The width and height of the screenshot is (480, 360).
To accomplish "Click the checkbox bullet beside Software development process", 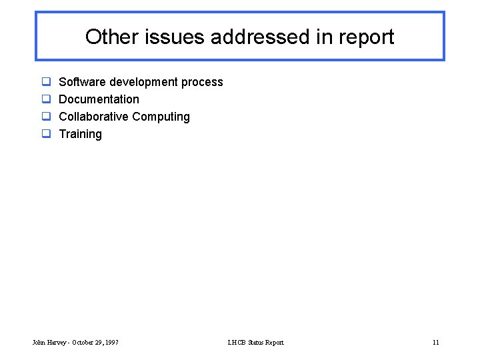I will (47, 82).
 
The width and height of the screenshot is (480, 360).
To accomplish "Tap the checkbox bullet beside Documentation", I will (47, 99).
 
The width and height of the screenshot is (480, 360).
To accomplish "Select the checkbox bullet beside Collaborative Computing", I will (47, 117).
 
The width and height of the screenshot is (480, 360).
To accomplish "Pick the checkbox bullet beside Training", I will (47, 134).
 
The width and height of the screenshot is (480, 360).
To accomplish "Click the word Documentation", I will (99, 99).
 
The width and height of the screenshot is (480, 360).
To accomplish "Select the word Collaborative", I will (93, 117).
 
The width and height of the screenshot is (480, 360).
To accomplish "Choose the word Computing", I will (161, 117).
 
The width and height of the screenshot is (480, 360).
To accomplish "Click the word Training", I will (81, 134).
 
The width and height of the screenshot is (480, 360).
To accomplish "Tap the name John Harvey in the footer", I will (48, 343).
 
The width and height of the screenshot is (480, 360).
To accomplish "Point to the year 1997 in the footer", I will (111, 343).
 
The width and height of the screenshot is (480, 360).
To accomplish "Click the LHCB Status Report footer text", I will (255, 343).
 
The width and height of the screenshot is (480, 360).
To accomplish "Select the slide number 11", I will (435, 343).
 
